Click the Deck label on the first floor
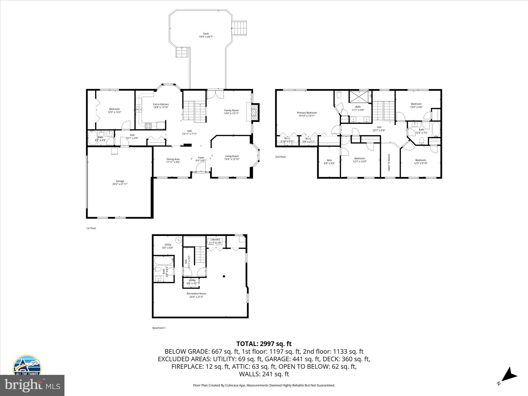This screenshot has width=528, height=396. coord(206,34)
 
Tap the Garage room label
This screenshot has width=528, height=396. coord(120,181)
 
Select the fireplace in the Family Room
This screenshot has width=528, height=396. coord(255,112)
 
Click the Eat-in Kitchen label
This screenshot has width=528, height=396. coord(161,104)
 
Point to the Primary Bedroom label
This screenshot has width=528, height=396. coord(307,113)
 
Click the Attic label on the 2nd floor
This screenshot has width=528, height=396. coord(329,160)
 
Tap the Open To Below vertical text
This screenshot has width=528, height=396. coord(389,162)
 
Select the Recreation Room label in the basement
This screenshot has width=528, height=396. coord(196,293)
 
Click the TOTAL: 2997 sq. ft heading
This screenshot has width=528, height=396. coord(264,344)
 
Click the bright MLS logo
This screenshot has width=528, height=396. coord(32,385)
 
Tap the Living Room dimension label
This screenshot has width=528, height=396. coord(232,159)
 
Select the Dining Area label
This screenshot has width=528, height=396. coord(173,159)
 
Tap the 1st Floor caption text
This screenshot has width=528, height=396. coord(91,228)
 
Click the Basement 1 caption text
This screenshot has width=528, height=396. coord(159,328)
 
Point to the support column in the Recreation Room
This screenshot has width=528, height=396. coord(224,276)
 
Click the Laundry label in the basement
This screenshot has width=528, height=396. coord(215,240)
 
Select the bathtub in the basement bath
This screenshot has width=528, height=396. coord(163,260)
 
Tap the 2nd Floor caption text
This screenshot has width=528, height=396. coord(280,157)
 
